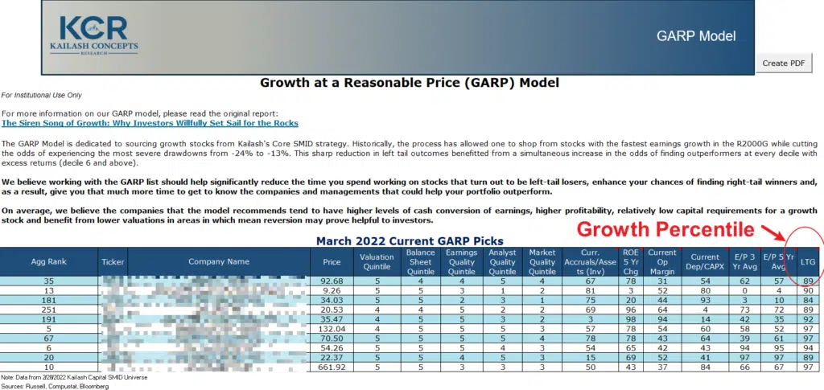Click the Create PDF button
tap(783, 63)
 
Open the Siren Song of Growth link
tap(150, 123)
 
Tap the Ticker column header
tap(113, 261)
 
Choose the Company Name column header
tap(219, 261)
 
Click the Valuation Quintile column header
tap(377, 261)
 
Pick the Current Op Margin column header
tap(662, 261)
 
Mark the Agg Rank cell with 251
tap(50, 310)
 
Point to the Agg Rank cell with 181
tap(50, 300)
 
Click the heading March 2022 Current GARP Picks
tap(410, 240)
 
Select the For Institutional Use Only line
tap(42, 95)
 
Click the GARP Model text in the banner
tap(695, 36)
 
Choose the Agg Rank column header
tap(50, 261)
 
